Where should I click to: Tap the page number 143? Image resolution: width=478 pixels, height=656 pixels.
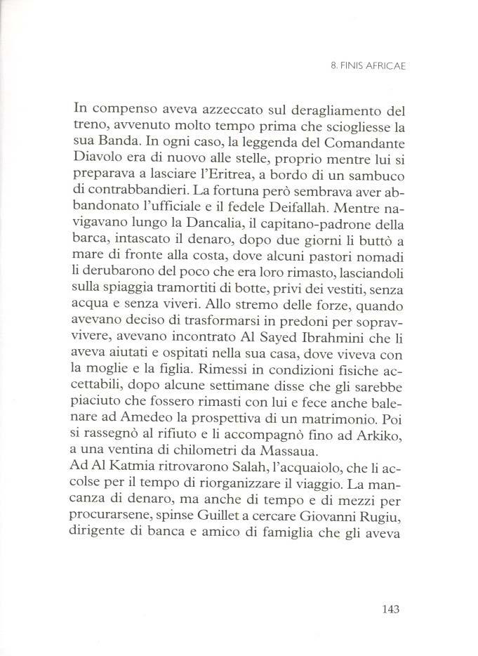tap(386, 608)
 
